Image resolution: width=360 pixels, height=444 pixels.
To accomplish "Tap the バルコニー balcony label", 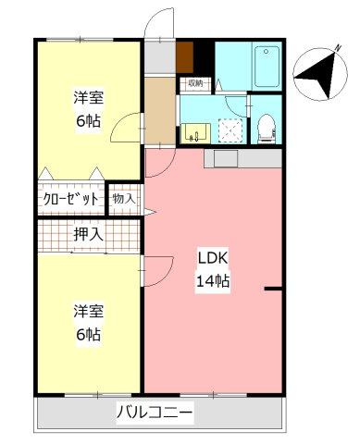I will coord(155,412).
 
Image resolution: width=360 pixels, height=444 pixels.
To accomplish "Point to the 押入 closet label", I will coord(89,235).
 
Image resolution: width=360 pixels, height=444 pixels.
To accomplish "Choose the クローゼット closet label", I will coord(71,198).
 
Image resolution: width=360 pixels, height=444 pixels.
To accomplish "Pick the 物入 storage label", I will coord(123,198).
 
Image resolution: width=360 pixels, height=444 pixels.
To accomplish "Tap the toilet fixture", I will coord(266,127).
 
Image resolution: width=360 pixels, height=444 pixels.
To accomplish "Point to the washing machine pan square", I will coord(230,129).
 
